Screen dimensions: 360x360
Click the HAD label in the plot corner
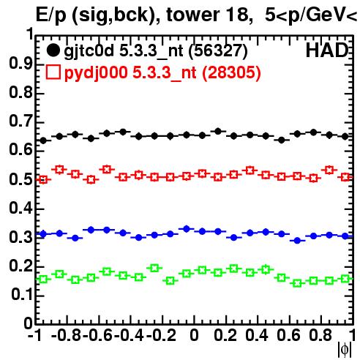tap(327, 50)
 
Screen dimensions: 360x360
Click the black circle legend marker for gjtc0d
tap(53, 50)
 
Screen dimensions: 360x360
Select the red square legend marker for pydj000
tap(53, 72)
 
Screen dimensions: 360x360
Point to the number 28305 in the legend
tap(231, 72)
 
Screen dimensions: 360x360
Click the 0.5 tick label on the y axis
tap(20, 179)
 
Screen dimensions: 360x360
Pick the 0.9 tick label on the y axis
tap(20, 64)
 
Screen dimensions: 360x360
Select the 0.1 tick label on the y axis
tap(22, 295)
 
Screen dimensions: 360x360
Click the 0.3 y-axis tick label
tap(20, 237)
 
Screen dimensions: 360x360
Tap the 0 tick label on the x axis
tap(194, 335)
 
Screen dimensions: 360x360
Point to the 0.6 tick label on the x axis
tap(288, 335)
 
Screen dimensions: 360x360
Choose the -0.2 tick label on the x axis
tap(161, 335)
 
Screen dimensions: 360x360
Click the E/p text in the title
tap(51, 15)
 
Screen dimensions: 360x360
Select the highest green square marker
tap(154, 268)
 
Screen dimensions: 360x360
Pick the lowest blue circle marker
tap(297, 241)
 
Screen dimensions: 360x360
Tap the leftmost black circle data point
tap(43, 140)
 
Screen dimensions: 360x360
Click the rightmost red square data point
tap(345, 177)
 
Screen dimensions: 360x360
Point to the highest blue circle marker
tap(187, 229)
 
